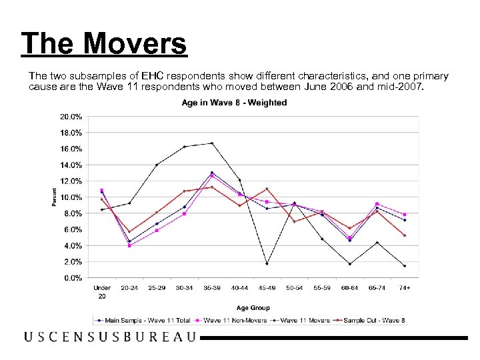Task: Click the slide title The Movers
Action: pos(104,44)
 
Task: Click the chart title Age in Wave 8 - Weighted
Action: pos(234,103)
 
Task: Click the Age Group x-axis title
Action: pos(253,307)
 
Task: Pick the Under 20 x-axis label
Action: pos(102,291)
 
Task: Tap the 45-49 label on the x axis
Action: pos(267,287)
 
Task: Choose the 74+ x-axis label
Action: pos(405,287)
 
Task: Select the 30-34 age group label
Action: pos(184,287)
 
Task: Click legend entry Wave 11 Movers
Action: pos(303,321)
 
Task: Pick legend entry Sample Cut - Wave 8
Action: pos(375,321)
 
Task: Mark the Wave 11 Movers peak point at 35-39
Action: pos(212,143)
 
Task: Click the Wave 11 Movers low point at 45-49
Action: pos(267,264)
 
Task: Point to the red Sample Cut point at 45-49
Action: pos(267,189)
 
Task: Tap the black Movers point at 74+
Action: pos(405,266)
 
